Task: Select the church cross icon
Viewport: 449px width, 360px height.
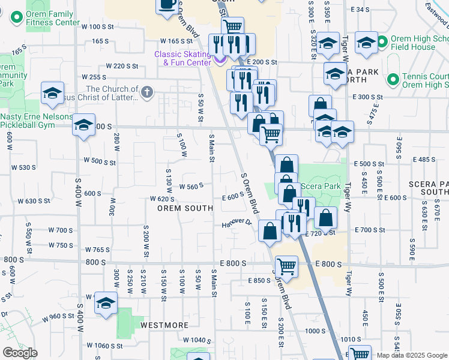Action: point(147,92)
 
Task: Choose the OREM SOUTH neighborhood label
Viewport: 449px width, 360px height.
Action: point(185,208)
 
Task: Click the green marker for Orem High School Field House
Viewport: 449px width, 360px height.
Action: point(383,42)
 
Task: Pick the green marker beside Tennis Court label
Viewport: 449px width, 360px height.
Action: point(393,79)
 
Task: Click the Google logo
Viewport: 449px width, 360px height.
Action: point(20,353)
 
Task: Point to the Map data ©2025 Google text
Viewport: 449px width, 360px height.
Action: point(411,355)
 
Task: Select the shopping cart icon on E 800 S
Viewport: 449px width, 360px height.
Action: point(286,266)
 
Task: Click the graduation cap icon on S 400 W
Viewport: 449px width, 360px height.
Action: point(83,125)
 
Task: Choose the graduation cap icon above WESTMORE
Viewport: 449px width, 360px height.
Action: point(106,304)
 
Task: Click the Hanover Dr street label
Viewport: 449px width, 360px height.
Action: point(236,223)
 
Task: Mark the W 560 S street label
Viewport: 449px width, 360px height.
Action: point(195,187)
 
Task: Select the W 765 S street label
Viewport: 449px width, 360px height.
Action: point(98,250)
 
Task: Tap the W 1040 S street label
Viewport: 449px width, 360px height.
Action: point(197,340)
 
